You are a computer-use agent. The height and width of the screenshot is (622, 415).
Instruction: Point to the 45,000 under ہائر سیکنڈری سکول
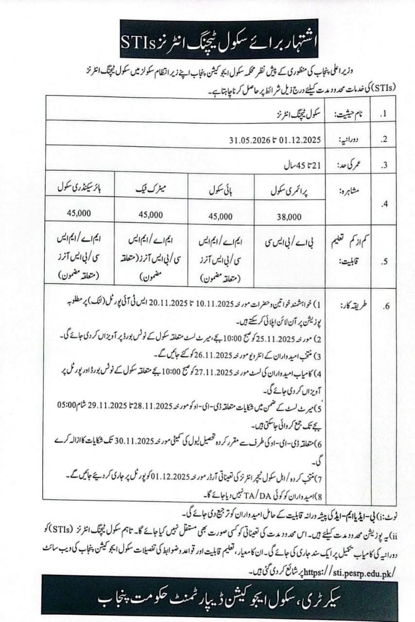(79, 213)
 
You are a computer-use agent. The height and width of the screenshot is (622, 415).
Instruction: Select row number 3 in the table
(384, 165)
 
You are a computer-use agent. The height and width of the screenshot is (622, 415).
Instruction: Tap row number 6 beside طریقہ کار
(386, 306)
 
